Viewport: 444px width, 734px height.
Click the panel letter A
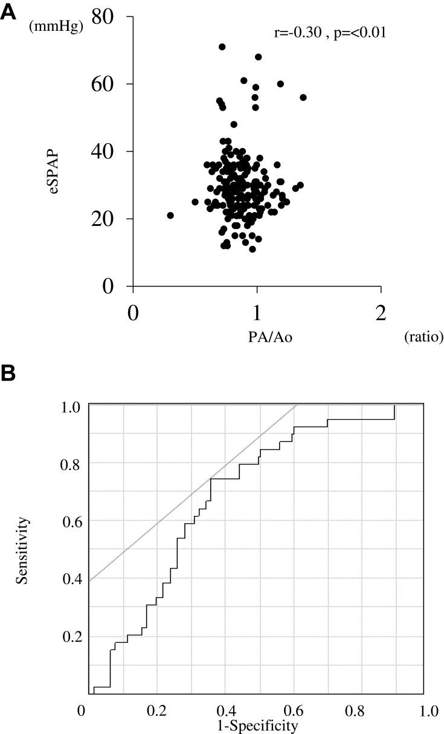[8, 13]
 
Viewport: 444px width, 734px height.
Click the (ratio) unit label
[423, 336]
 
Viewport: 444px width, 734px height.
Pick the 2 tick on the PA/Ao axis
[381, 314]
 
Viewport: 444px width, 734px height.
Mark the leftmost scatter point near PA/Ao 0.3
[170, 216]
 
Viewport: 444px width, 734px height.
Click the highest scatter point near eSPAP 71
[222, 47]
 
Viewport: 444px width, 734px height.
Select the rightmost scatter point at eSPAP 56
[303, 97]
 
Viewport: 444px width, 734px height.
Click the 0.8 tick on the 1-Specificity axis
[364, 710]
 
